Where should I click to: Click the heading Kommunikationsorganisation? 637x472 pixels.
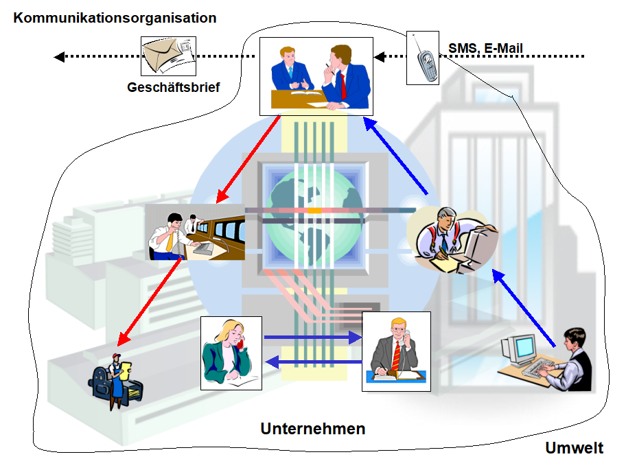point(115,18)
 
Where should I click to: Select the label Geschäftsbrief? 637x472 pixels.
point(173,87)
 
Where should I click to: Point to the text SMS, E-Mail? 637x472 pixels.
point(485,48)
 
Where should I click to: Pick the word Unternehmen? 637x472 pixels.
point(312,429)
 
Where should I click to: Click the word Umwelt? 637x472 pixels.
point(575,449)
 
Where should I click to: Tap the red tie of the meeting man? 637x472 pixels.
point(343,85)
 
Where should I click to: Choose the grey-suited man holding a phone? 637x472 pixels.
point(396,351)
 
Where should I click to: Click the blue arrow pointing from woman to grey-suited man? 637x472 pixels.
point(313,337)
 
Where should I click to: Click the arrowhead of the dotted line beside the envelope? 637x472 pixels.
point(59,57)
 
